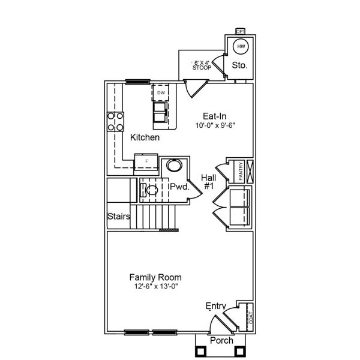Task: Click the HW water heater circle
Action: (x=241, y=46)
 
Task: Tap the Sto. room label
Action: (x=239, y=65)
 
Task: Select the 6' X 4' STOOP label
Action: (x=202, y=65)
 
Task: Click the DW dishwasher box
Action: (x=161, y=93)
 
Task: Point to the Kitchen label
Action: (x=145, y=137)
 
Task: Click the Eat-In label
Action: (x=214, y=116)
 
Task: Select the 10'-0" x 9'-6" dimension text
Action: (x=214, y=126)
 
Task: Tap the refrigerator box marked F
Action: (x=146, y=161)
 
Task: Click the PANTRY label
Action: (x=240, y=170)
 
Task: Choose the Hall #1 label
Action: (x=209, y=182)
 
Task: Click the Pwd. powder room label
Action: (x=179, y=187)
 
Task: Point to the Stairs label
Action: (x=119, y=216)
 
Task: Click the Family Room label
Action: (x=155, y=277)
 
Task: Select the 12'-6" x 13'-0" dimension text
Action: (x=155, y=287)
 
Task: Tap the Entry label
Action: (x=216, y=306)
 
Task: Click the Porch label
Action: (x=221, y=341)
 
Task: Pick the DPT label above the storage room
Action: (x=240, y=31)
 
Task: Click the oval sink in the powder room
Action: (x=174, y=166)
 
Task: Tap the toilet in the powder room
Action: (x=150, y=191)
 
